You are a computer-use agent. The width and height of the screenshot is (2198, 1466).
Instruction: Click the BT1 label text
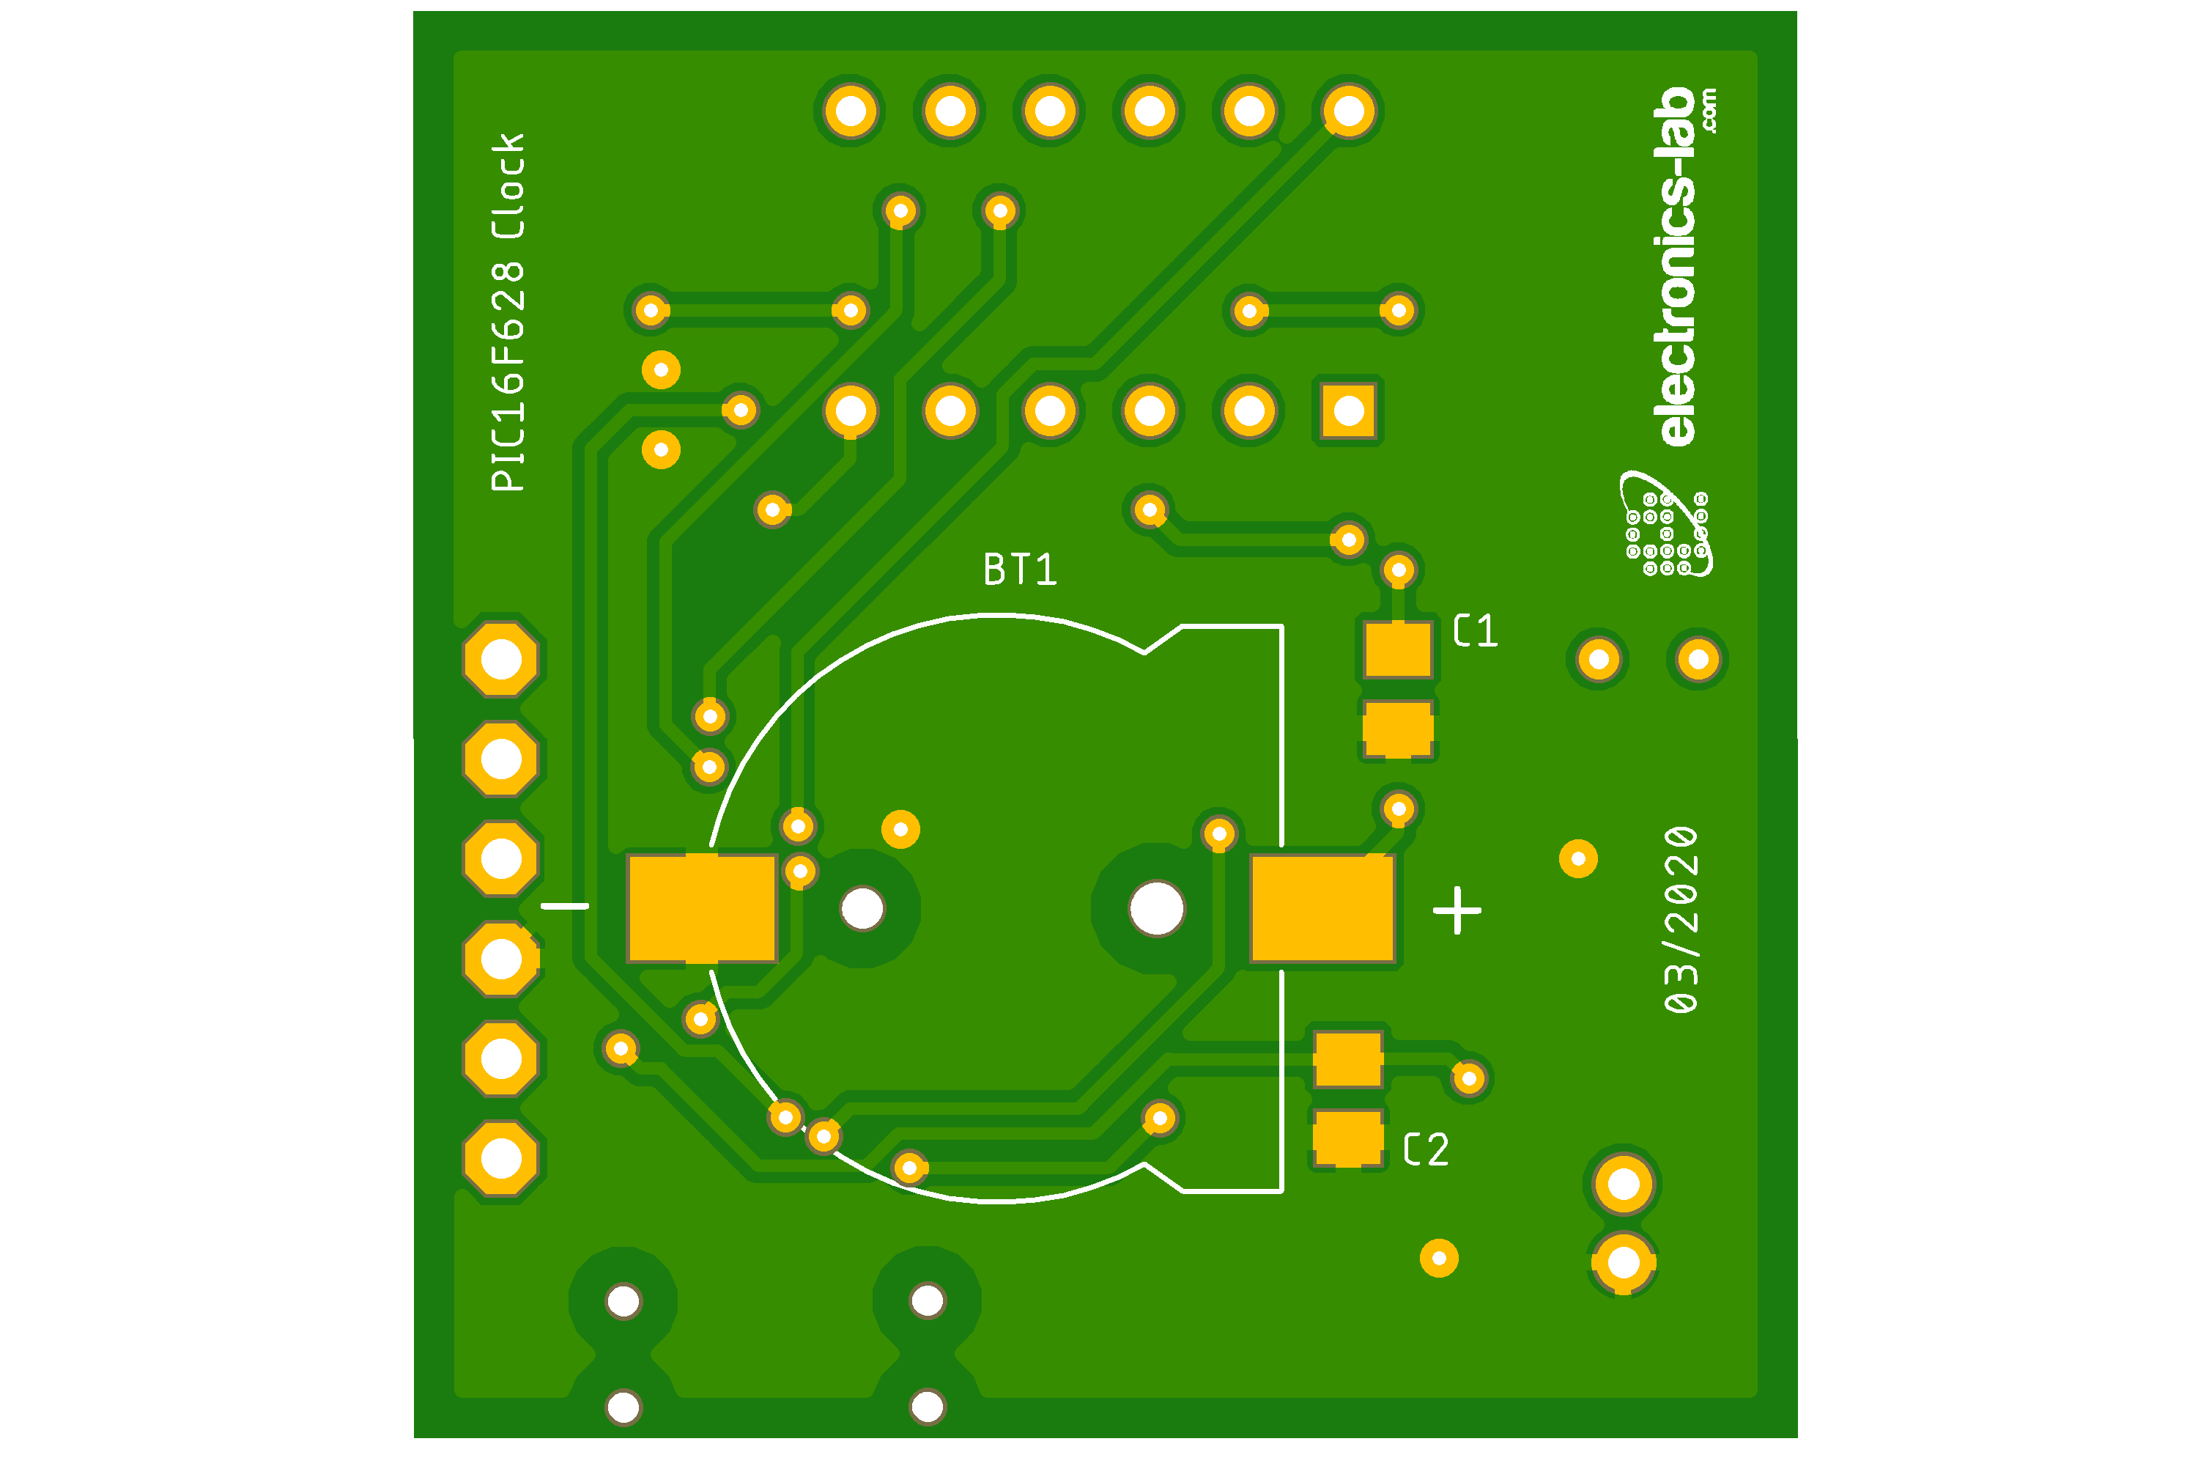point(1020,570)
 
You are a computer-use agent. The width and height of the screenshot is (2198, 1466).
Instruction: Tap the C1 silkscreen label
point(1476,631)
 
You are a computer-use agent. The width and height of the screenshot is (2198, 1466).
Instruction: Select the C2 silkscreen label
point(1426,1149)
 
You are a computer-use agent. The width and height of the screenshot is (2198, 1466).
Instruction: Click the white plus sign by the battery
point(1457,910)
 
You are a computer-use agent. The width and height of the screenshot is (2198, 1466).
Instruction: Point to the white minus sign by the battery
point(566,905)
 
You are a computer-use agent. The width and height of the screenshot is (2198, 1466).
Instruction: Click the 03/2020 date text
point(1681,919)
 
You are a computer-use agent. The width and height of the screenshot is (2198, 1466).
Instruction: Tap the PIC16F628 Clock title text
point(508,312)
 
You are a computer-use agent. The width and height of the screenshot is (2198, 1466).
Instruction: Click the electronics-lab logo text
point(1679,267)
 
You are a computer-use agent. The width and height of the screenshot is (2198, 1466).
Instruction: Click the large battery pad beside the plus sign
point(1322,908)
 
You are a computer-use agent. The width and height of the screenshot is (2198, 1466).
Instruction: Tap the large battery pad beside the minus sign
point(702,908)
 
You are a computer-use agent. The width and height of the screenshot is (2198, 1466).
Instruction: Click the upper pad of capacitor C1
point(1398,649)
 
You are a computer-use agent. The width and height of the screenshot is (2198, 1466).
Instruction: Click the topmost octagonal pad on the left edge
point(501,659)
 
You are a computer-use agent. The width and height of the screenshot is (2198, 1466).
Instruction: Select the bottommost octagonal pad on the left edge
point(501,1158)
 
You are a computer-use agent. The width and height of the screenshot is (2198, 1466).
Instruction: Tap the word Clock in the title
point(508,185)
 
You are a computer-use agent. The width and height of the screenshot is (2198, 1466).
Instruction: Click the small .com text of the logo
point(1709,111)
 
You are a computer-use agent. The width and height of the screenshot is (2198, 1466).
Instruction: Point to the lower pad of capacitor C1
point(1398,729)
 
